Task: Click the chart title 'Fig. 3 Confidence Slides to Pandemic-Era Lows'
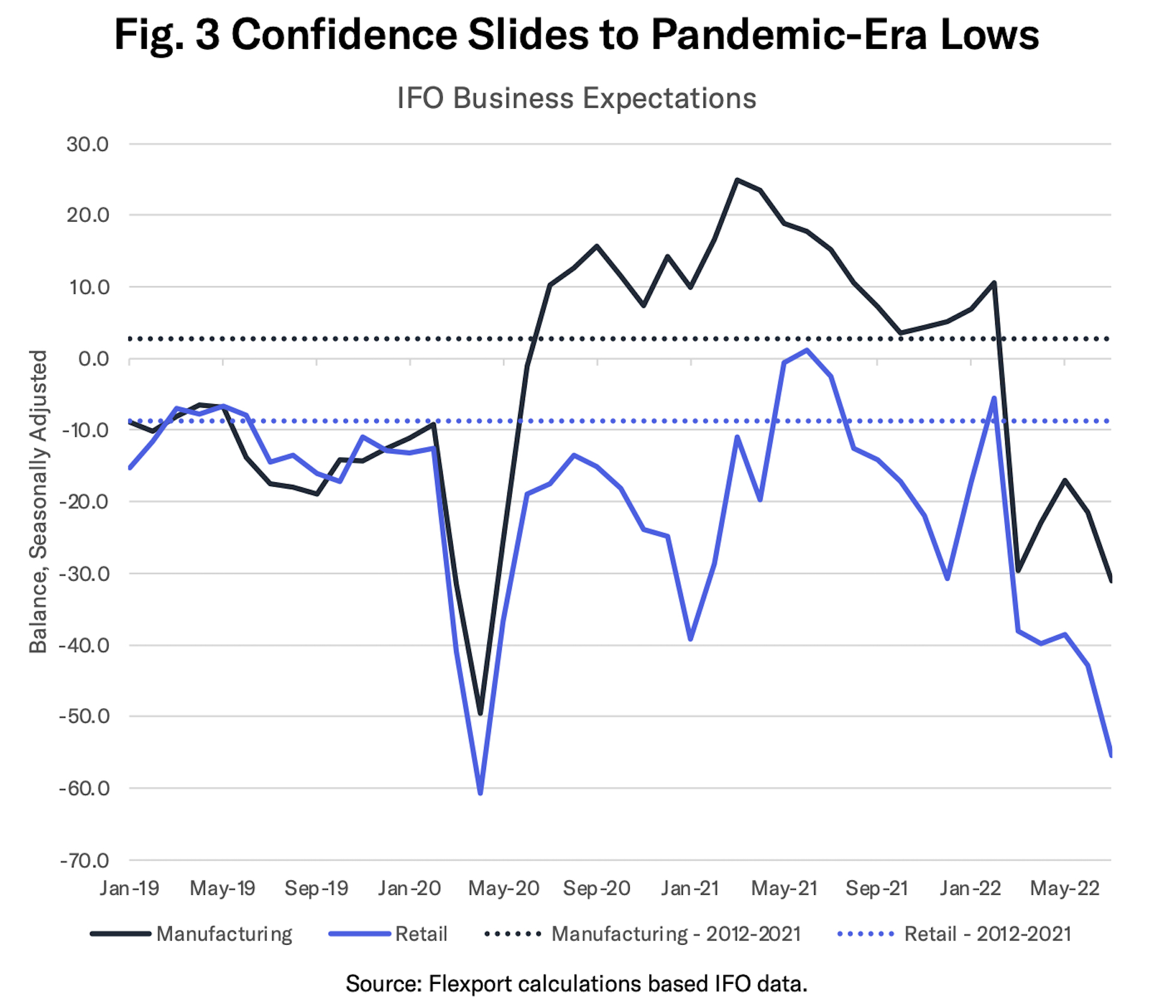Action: tap(576, 35)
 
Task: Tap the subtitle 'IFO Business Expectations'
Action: tap(576, 98)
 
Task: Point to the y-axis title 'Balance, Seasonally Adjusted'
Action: tap(39, 502)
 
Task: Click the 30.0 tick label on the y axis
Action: tap(87, 144)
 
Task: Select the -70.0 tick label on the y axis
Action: tap(84, 860)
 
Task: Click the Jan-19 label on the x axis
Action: tap(129, 889)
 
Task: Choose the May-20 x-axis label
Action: tap(503, 889)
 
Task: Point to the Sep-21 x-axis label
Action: tap(877, 889)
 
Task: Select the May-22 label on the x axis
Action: tap(1064, 889)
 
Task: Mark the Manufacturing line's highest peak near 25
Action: tap(737, 180)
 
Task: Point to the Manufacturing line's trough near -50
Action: tap(480, 714)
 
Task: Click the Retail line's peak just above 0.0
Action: tap(807, 350)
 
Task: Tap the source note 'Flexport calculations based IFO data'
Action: tap(576, 984)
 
